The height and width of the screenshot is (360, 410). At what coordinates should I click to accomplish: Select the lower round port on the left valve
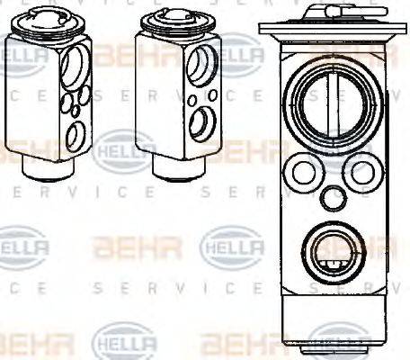tap(76, 135)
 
